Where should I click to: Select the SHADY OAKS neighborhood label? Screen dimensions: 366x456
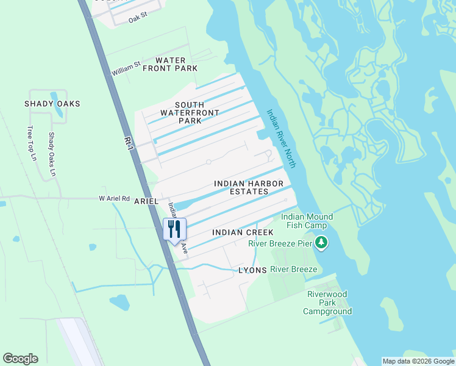[x=52, y=104]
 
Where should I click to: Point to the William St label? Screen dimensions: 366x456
[x=126, y=68]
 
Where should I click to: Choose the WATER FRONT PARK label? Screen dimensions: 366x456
[x=170, y=64]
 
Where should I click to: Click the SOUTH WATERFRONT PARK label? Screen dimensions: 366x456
[x=181, y=113]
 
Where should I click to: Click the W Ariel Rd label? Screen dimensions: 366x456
[x=115, y=198]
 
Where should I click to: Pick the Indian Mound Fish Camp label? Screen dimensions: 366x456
[x=307, y=221]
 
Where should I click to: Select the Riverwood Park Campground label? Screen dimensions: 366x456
[x=327, y=303]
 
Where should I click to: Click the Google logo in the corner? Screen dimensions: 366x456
[x=20, y=359]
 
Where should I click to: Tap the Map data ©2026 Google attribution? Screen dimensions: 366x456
[x=418, y=361]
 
